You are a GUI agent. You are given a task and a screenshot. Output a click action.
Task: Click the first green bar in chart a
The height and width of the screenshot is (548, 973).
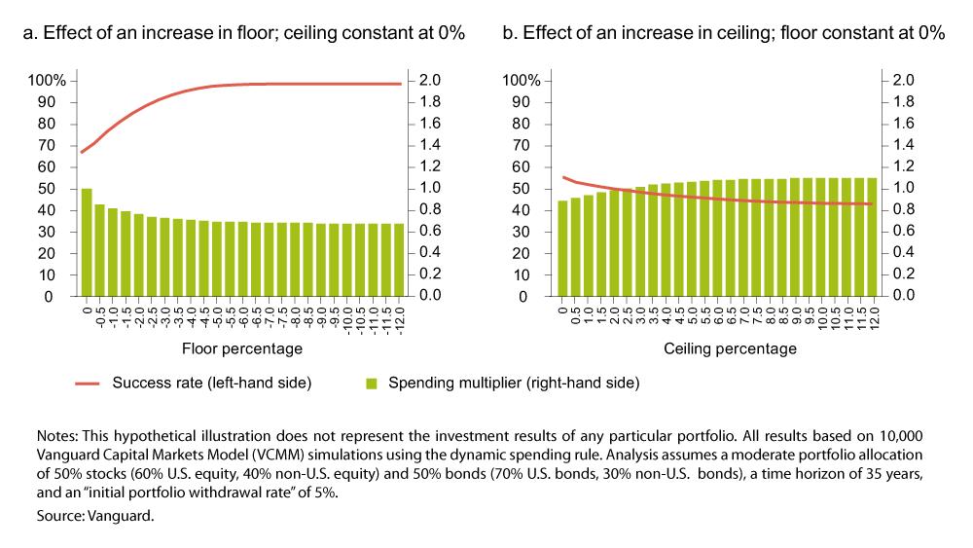[87, 242]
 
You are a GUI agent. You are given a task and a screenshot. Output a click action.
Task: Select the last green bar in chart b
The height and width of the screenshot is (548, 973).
[872, 237]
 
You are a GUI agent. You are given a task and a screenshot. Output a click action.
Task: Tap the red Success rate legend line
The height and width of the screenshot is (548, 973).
[88, 384]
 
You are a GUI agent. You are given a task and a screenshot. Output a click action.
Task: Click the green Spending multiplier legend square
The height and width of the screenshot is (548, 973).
[372, 384]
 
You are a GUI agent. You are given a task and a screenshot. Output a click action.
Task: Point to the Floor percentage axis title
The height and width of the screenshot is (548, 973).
[242, 348]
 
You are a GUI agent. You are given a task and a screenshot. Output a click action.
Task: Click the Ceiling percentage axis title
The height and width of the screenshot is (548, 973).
[731, 348]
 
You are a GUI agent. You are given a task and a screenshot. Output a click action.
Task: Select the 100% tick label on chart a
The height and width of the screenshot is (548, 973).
[47, 81]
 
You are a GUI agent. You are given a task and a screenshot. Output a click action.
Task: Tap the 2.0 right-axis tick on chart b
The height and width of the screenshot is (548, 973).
[904, 80]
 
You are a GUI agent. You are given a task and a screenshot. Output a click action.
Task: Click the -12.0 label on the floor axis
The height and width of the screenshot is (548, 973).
[400, 321]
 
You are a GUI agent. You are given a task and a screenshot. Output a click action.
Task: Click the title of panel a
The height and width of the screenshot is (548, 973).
[244, 33]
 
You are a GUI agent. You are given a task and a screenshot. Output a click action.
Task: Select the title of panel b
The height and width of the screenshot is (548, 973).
[724, 33]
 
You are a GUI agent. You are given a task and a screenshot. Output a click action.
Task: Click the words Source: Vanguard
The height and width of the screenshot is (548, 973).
[95, 516]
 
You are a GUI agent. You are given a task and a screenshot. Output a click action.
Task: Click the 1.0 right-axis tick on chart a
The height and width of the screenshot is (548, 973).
[429, 188]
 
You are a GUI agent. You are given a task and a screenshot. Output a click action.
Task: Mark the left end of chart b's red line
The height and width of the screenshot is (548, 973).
[563, 177]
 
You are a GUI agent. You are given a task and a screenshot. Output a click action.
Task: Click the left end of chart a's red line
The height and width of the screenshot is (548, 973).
[82, 152]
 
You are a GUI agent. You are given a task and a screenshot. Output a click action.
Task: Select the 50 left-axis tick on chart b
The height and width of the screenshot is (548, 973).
[522, 189]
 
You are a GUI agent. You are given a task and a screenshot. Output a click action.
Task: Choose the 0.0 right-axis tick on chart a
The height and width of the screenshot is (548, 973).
[429, 295]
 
